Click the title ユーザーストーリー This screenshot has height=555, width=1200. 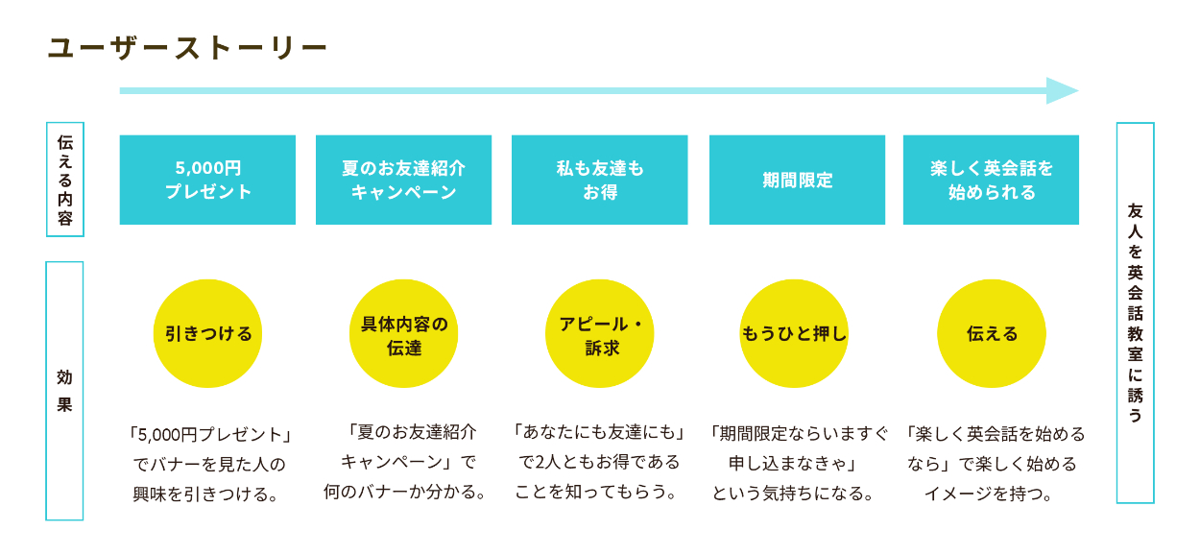click(x=187, y=48)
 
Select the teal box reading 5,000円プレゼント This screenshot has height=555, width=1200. click(x=207, y=180)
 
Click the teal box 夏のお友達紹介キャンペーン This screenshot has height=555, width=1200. click(x=403, y=180)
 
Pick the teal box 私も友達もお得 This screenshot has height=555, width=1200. click(x=599, y=180)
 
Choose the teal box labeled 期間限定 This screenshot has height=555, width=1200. click(x=797, y=180)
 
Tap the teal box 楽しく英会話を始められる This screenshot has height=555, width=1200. click(x=991, y=180)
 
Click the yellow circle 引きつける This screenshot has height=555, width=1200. click(x=207, y=333)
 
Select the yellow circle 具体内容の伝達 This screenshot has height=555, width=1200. click(x=403, y=333)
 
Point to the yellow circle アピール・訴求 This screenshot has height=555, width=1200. click(x=599, y=333)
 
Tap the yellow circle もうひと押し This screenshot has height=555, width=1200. click(x=794, y=333)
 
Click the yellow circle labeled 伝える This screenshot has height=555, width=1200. click(x=991, y=333)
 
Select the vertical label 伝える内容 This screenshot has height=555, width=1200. click(x=65, y=180)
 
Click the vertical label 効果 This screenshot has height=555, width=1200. click(x=64, y=391)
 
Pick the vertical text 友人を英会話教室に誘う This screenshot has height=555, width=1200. click(x=1135, y=313)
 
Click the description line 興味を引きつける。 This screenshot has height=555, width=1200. click(x=206, y=494)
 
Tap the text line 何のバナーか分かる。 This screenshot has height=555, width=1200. click(x=404, y=492)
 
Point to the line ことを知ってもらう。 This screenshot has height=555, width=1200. click(x=596, y=492)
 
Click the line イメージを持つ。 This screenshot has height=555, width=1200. click(x=990, y=493)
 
